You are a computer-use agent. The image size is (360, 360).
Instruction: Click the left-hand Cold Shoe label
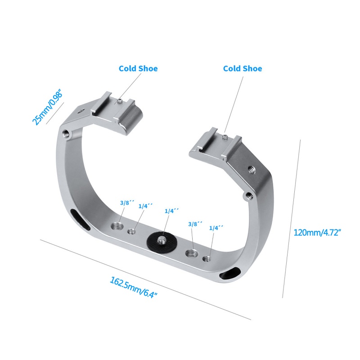coord(138,69)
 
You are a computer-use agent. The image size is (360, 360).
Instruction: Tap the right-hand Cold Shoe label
coord(243,69)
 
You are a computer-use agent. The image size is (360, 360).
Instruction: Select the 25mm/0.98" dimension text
coord(47,107)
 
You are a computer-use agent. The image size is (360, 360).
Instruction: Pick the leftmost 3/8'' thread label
coord(125,203)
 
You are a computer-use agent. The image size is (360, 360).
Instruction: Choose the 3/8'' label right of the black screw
coord(195,223)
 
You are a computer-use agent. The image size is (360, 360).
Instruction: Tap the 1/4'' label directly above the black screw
coord(171,211)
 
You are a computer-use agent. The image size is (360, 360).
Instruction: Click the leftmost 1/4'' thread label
coord(146,206)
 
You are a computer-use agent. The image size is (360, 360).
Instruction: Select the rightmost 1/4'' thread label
coord(216,228)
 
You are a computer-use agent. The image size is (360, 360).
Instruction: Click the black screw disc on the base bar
coord(160,241)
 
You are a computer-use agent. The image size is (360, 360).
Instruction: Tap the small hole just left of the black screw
coord(132,232)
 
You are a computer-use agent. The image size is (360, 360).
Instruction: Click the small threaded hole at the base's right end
coord(207,259)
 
